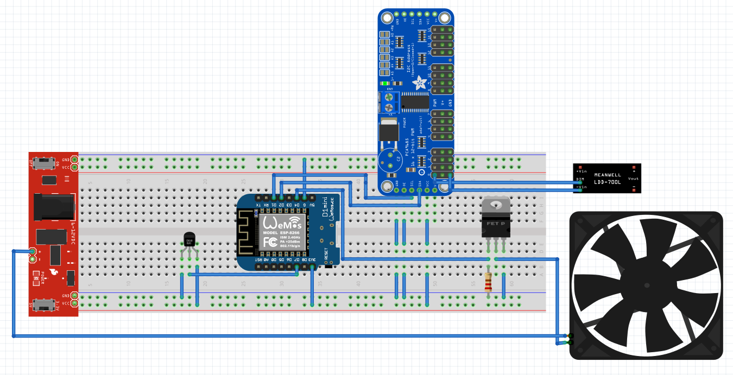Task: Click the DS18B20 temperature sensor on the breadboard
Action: coord(189,240)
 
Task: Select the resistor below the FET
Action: coord(489,281)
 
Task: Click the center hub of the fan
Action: coord(646,285)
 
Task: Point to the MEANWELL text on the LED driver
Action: coord(607,175)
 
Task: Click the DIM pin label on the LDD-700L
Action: coord(580,179)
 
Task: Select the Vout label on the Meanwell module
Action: coord(633,178)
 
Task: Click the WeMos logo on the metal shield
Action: coord(282,223)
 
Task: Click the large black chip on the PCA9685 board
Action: coord(416,101)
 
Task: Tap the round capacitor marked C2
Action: coord(390,160)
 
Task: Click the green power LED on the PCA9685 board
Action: coord(385,84)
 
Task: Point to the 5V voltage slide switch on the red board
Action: coord(43,303)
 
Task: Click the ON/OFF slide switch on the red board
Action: coord(43,162)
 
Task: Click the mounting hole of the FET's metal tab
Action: coord(495,205)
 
